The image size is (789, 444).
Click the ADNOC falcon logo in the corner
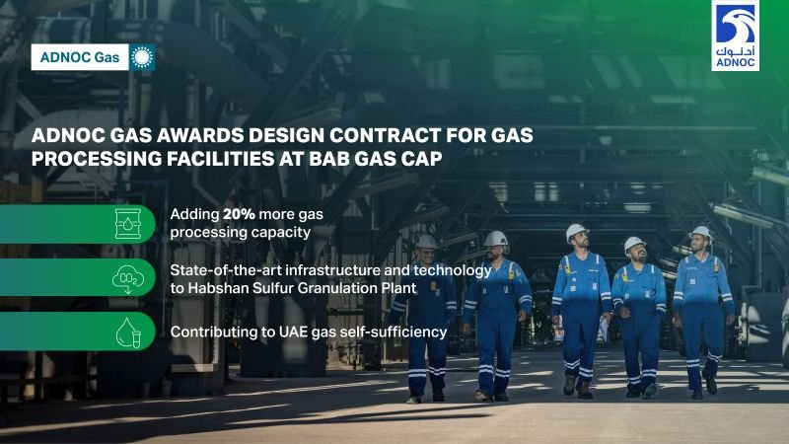(735, 36)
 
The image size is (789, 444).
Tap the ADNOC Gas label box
(80, 57)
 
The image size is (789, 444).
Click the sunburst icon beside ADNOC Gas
(142, 57)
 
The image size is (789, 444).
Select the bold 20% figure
(239, 214)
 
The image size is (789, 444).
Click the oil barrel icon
(128, 224)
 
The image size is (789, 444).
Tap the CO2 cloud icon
(128, 278)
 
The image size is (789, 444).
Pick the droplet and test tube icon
(128, 333)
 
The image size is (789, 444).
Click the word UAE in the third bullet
(293, 333)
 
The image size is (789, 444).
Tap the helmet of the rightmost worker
(701, 233)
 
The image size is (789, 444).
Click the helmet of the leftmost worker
(427, 242)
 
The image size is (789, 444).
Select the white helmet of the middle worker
(576, 232)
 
